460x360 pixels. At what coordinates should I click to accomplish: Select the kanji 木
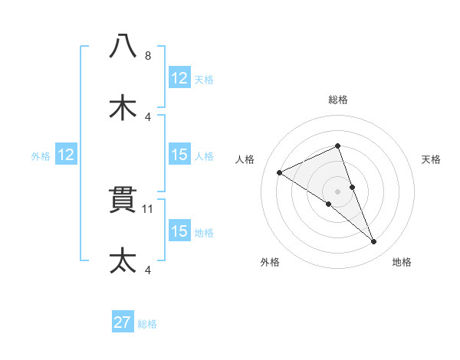click(x=123, y=106)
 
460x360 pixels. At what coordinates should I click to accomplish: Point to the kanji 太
click(x=123, y=260)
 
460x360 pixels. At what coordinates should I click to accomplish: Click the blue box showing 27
click(x=123, y=322)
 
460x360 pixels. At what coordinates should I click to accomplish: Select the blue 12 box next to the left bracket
click(x=66, y=155)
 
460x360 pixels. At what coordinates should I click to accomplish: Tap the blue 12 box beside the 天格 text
click(x=179, y=78)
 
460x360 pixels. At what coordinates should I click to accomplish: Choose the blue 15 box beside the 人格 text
click(x=179, y=155)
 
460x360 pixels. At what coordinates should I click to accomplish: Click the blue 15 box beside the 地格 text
click(x=179, y=231)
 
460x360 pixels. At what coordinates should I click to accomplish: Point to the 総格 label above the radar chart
click(x=338, y=100)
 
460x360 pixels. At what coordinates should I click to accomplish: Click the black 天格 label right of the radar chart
click(x=432, y=159)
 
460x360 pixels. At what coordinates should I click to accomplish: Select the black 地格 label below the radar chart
click(x=402, y=262)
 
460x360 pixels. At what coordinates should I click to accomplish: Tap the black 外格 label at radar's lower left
click(x=269, y=262)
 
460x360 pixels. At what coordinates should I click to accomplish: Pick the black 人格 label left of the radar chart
click(x=245, y=159)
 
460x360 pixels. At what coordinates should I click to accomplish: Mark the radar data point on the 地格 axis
click(x=374, y=242)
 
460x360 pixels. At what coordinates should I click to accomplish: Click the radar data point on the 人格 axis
click(x=280, y=172)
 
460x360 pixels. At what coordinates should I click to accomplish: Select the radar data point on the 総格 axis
click(x=338, y=146)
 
